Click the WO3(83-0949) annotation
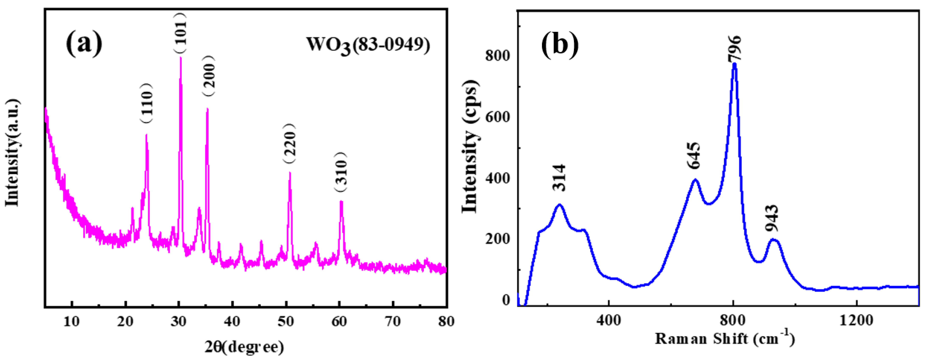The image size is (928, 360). pyautogui.click(x=368, y=46)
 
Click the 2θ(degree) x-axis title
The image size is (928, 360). pyautogui.click(x=244, y=347)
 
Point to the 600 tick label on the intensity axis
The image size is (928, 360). pyautogui.click(x=498, y=117)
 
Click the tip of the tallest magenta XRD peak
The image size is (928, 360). pyautogui.click(x=180, y=58)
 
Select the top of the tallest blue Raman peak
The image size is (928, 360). pyautogui.click(x=734, y=64)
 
